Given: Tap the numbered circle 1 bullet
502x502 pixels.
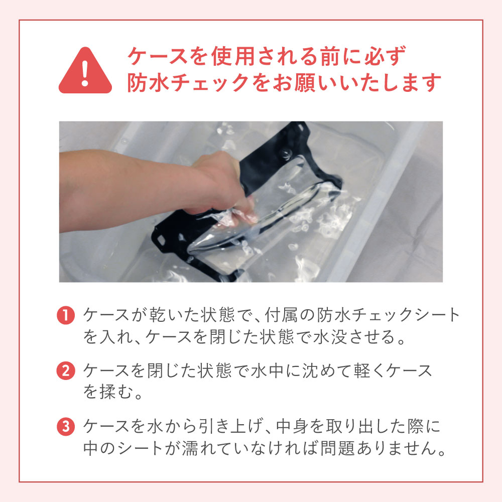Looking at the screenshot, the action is (66, 315).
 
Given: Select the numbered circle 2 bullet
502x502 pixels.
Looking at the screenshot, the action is (66, 371).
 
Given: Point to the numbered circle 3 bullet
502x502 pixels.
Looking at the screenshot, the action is (66, 426).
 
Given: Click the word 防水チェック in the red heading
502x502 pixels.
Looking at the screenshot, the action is (189, 83).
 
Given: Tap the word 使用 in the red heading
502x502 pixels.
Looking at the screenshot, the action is (233, 56).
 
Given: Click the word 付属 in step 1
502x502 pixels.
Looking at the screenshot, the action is (281, 315).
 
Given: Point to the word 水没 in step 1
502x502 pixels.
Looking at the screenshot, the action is (330, 337).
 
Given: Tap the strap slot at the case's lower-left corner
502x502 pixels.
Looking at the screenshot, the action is (161, 239).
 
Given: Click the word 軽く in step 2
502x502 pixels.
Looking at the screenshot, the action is (370, 371).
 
